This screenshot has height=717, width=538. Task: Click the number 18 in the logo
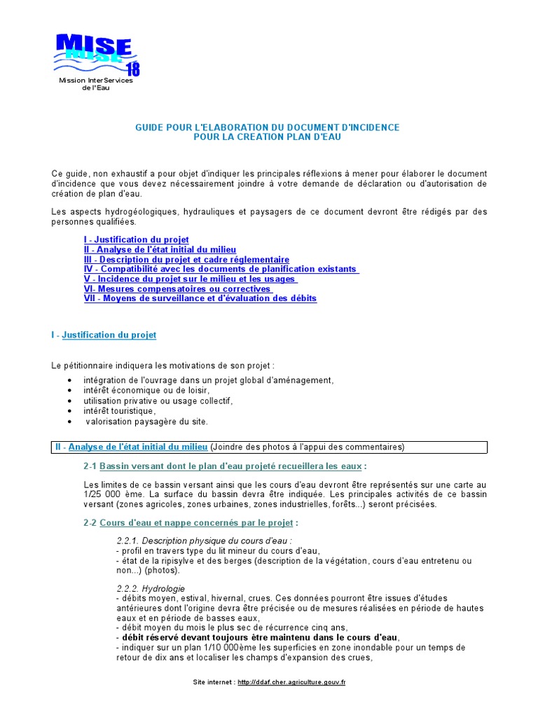(132, 69)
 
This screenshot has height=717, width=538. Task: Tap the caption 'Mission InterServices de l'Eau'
(96, 84)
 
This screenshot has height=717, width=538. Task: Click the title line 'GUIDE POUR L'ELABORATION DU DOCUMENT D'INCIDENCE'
(268, 127)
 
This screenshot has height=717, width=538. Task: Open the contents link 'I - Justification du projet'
(136, 240)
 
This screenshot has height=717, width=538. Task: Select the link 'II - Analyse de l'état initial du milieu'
(160, 250)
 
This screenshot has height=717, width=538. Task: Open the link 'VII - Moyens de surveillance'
(200, 298)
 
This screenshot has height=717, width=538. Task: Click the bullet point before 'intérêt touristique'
(69, 411)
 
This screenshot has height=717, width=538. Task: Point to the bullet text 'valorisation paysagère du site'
(147, 422)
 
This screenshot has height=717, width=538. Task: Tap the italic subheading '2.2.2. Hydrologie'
(151, 589)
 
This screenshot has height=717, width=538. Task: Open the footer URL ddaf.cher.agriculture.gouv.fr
(291, 682)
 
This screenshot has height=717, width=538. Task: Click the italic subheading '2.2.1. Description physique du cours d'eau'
(204, 541)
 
